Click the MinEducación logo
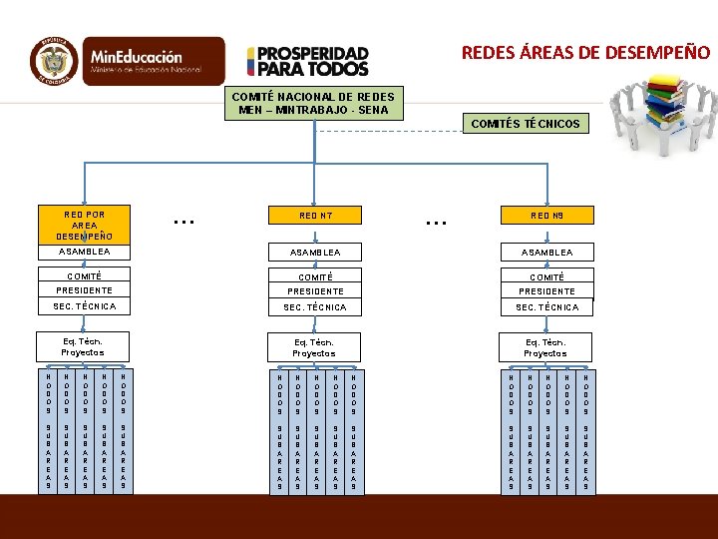click(144, 62)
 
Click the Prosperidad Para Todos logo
click(308, 62)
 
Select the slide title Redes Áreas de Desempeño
click(585, 52)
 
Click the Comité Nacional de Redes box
click(313, 103)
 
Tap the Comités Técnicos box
click(527, 124)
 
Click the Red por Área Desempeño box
click(84, 225)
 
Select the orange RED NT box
click(314, 215)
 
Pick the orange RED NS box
click(545, 215)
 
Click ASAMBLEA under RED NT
click(314, 253)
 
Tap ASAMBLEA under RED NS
click(545, 253)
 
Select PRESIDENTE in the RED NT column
click(314, 291)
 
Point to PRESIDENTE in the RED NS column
click(545, 291)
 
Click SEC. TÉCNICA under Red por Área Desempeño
click(84, 306)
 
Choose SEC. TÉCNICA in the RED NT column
click(314, 307)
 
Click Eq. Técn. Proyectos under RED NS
click(545, 347)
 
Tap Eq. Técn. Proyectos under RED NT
click(314, 347)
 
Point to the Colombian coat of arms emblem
click(55, 62)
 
